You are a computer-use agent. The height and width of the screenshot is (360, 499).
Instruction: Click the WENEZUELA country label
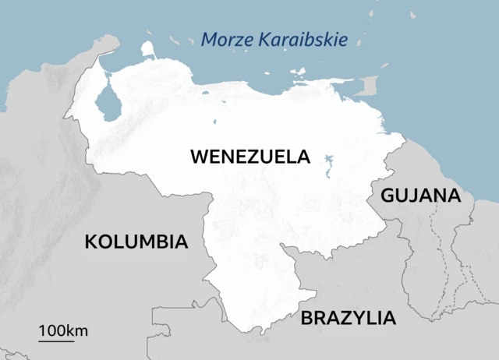tap(249, 157)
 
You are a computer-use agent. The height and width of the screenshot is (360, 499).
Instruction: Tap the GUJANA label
tap(420, 196)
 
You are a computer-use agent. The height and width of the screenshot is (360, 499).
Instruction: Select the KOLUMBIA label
tap(136, 242)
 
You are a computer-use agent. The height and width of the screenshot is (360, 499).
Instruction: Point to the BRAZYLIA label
tap(349, 318)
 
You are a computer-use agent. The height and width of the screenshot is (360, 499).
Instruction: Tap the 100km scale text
tap(63, 330)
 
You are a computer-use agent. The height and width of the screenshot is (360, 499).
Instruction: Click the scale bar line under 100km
tap(56, 341)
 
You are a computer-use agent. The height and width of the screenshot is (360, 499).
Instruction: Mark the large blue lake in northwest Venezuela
tap(108, 104)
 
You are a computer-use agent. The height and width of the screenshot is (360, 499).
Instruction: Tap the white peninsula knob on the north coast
tap(148, 49)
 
